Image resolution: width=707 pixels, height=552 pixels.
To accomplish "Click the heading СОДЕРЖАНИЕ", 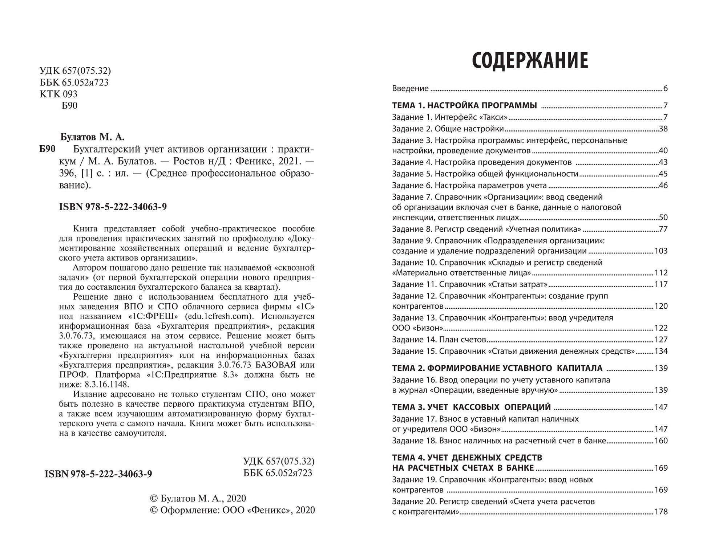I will pos(530,61).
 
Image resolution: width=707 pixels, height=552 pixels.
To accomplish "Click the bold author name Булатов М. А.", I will pos(92,137).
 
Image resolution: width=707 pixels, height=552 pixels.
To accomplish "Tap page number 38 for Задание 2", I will pos(663,129).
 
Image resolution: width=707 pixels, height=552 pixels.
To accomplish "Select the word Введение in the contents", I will pos(410,89).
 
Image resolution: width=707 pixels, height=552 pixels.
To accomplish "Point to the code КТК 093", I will pos(58,94).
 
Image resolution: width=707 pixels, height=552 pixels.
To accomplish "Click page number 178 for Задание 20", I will pos(661,512).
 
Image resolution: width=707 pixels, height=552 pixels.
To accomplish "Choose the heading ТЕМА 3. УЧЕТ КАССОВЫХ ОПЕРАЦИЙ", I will pos(471,407).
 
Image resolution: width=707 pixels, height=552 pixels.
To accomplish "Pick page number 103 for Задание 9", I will pos(661,251).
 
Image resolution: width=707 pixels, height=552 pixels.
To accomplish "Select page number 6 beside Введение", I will pos(665,89).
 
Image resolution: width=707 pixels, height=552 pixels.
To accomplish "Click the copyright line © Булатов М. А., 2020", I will pos(198,498).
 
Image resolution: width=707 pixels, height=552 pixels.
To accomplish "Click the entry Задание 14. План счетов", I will pos(439,340).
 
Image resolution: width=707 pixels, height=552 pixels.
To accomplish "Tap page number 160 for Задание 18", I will pos(661,441).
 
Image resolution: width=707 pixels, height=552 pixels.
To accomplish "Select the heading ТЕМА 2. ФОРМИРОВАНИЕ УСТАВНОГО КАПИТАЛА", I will pos(497,368).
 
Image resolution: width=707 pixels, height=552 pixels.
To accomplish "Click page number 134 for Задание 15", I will pos(661,351).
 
